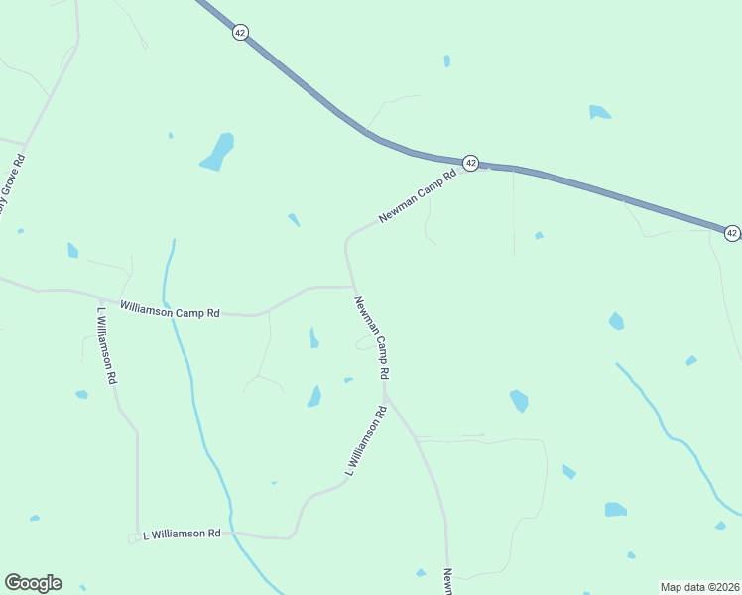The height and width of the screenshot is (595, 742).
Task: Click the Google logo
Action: pyautogui.click(x=33, y=583)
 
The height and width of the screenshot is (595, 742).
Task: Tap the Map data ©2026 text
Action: pyautogui.click(x=699, y=586)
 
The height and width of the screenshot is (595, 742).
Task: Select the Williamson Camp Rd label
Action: pyautogui.click(x=170, y=311)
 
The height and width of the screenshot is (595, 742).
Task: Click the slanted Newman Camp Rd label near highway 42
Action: pyautogui.click(x=417, y=196)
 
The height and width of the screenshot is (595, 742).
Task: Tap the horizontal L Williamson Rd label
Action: pyautogui.click(x=182, y=534)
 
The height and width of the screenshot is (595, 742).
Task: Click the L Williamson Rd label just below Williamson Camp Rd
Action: pyautogui.click(x=107, y=345)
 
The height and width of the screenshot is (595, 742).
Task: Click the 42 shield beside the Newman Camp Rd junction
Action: pyautogui.click(x=471, y=162)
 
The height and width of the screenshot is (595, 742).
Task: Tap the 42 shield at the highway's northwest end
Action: pyautogui.click(x=240, y=33)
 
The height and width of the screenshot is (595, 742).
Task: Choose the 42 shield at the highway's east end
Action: pyautogui.click(x=731, y=233)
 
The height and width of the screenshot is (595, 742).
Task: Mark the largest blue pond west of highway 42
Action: pyautogui.click(x=217, y=152)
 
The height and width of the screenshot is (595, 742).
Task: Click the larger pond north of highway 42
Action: pyautogui.click(x=598, y=112)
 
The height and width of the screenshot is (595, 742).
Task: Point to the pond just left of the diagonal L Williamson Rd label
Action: pyautogui.click(x=314, y=397)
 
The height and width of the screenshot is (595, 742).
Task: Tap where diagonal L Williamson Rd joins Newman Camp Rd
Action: pyautogui.click(x=385, y=394)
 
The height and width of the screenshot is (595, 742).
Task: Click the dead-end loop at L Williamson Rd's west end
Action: pyautogui.click(x=132, y=538)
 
